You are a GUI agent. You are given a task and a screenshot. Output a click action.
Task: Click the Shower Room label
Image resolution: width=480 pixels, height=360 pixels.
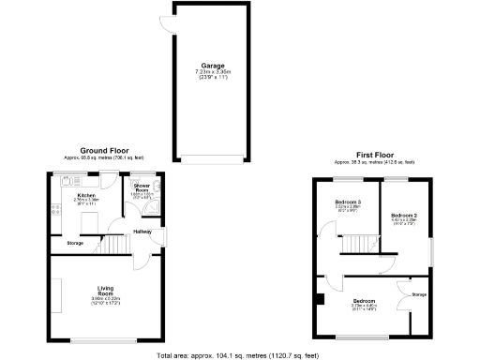(x=142, y=189)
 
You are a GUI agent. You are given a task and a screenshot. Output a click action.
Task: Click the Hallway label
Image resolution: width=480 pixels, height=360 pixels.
(x=142, y=231)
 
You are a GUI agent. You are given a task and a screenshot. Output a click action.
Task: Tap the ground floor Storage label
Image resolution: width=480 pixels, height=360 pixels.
(x=75, y=244)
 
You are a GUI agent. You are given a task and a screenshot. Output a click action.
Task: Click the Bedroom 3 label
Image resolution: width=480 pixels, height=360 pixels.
(x=349, y=202)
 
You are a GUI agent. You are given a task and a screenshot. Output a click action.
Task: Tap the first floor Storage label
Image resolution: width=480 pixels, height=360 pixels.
(x=418, y=295)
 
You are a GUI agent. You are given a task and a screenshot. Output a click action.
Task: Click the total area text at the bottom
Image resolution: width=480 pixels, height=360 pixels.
(x=238, y=354)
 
